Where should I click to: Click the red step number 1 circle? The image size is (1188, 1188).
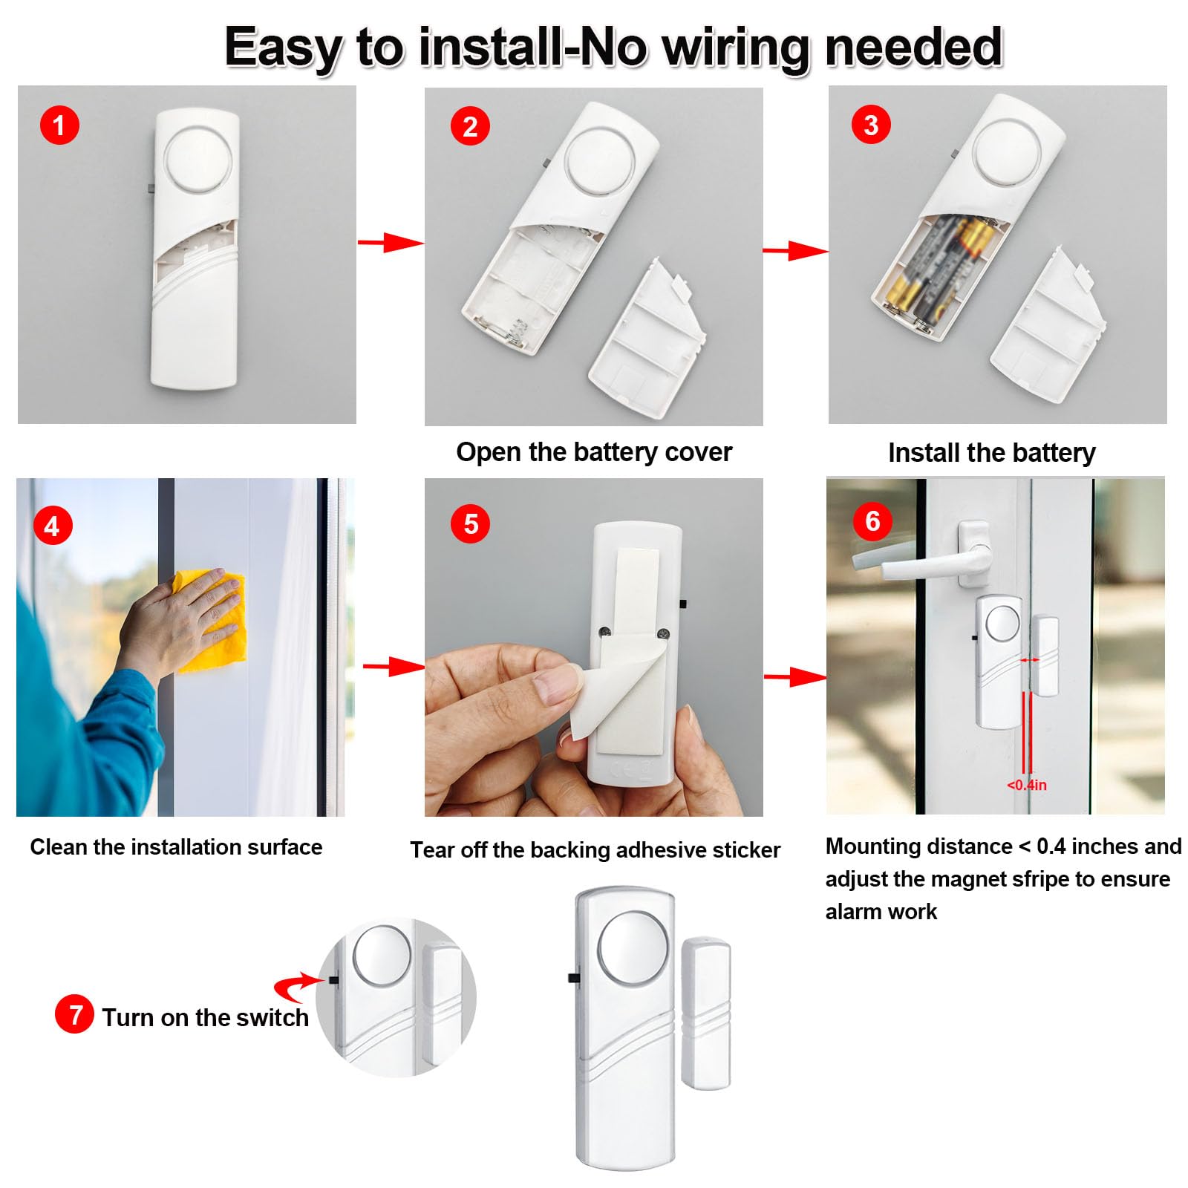click(59, 125)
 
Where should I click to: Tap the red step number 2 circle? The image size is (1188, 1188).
click(470, 126)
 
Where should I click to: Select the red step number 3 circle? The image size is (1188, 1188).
click(871, 125)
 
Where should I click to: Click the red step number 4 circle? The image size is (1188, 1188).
click(52, 526)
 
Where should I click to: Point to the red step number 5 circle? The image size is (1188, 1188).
click(470, 524)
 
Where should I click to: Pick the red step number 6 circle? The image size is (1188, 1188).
click(872, 521)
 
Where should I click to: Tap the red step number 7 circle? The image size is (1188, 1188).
click(74, 1014)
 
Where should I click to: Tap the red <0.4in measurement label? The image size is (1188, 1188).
click(1027, 785)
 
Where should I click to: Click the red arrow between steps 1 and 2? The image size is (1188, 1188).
click(390, 242)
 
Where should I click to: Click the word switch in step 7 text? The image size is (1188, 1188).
click(272, 1017)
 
